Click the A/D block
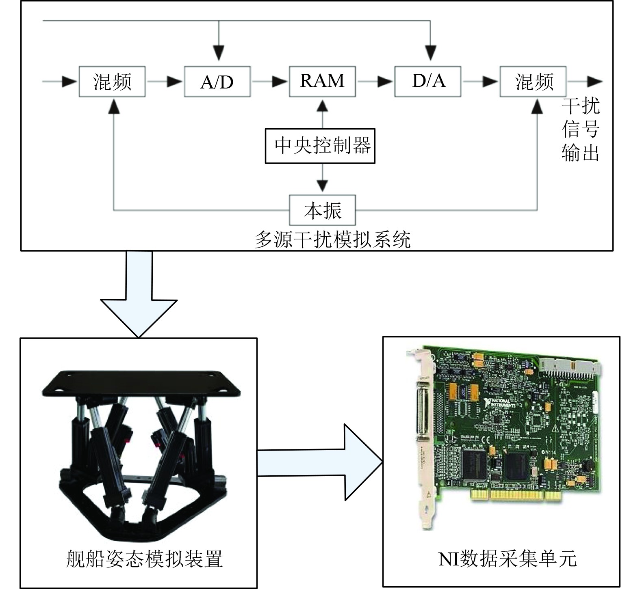click(x=217, y=82)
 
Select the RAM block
click(x=322, y=82)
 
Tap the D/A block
click(x=428, y=82)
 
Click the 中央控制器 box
click(x=320, y=146)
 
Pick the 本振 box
click(x=323, y=210)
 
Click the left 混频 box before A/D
click(x=112, y=82)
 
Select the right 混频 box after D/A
click(x=533, y=82)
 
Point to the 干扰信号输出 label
click(x=580, y=129)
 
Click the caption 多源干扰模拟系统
click(x=332, y=239)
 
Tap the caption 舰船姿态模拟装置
click(x=144, y=558)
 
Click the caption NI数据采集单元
click(x=507, y=558)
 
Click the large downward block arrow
click(x=139, y=296)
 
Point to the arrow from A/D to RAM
click(x=270, y=82)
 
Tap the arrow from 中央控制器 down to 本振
click(x=323, y=179)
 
